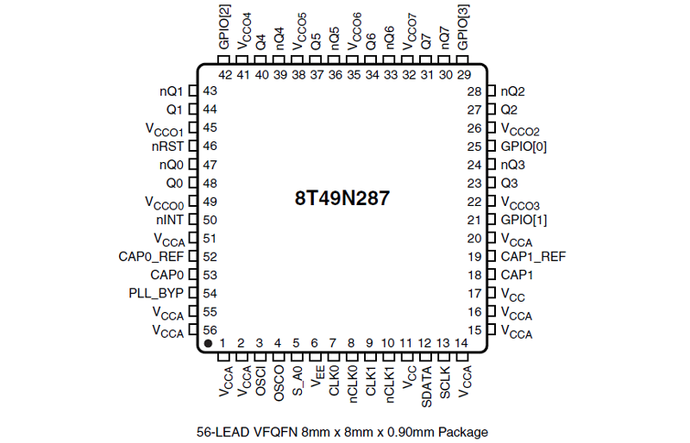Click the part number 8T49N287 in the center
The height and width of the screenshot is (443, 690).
pyautogui.click(x=342, y=198)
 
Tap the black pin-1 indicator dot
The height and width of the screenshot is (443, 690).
pyautogui.click(x=208, y=343)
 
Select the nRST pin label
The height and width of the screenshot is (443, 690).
pyautogui.click(x=167, y=146)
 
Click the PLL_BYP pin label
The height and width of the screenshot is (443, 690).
pyautogui.click(x=156, y=293)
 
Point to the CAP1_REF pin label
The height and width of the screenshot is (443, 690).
pyautogui.click(x=533, y=257)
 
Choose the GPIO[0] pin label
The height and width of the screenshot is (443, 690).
pyautogui.click(x=524, y=147)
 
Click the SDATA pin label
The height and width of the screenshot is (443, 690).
pyautogui.click(x=426, y=387)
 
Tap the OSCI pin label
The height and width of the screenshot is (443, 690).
pyautogui.click(x=260, y=381)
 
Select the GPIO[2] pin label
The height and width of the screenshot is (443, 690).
pyautogui.click(x=224, y=27)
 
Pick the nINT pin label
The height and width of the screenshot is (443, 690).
pyautogui.click(x=169, y=220)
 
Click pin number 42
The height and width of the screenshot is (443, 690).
pyautogui.click(x=225, y=75)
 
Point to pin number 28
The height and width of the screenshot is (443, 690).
pyautogui.click(x=474, y=91)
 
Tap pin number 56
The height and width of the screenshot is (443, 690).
pyautogui.click(x=210, y=330)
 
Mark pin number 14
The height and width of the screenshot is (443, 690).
pyautogui.click(x=461, y=343)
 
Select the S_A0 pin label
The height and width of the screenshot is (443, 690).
pyautogui.click(x=298, y=381)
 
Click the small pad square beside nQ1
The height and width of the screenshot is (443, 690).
pyautogui.click(x=192, y=91)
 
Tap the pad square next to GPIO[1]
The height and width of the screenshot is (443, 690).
pyautogui.click(x=492, y=220)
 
